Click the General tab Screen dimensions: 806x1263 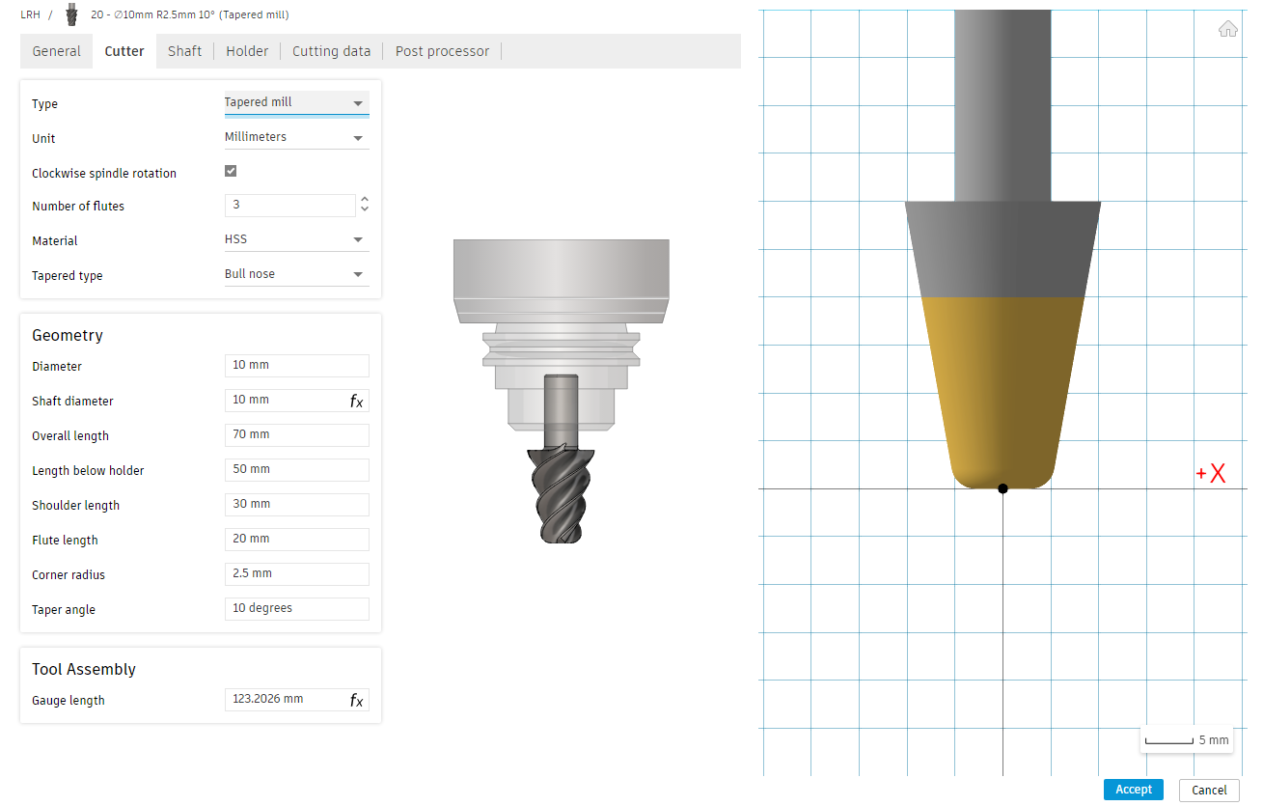[x=57, y=51]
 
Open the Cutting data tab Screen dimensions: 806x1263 [x=331, y=51]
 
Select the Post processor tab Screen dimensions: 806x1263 [x=442, y=51]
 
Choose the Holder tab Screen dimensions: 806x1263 [x=247, y=51]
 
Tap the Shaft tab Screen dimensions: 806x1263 [x=184, y=51]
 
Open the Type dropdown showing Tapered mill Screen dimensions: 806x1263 [x=296, y=102]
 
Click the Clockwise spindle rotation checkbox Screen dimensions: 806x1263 [x=231, y=171]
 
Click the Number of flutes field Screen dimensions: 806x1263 [x=290, y=206]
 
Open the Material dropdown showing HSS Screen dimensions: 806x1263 [x=296, y=239]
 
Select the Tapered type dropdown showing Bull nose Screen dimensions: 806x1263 [x=296, y=274]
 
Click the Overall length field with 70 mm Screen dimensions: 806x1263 [x=296, y=434]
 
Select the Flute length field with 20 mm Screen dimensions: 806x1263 [x=296, y=539]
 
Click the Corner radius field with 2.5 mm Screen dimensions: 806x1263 [x=296, y=573]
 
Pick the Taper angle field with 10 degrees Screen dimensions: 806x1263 [x=296, y=608]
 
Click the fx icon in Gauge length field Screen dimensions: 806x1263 [x=357, y=701]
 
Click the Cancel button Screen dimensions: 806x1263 [x=1209, y=790]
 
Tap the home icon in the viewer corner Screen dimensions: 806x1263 [x=1227, y=29]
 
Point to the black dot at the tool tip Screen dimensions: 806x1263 [x=1002, y=488]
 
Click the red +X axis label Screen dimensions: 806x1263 [x=1211, y=473]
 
